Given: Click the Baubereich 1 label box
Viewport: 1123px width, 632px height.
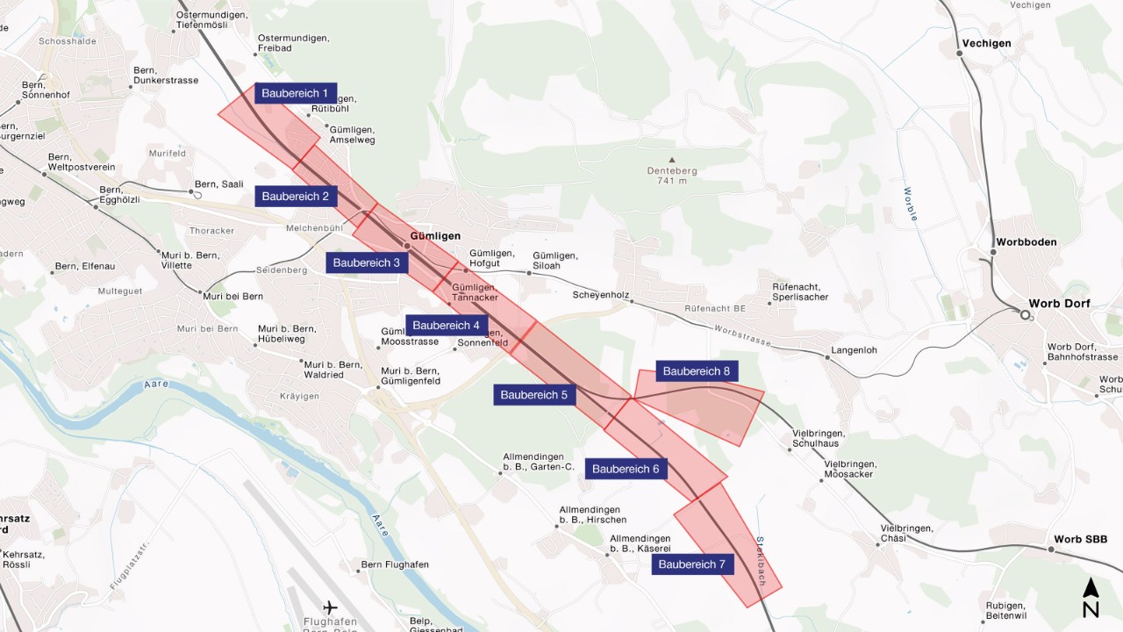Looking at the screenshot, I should [x=295, y=93].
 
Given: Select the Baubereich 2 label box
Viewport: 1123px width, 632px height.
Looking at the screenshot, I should [x=295, y=196].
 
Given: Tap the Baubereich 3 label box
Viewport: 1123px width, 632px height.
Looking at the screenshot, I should [x=366, y=262].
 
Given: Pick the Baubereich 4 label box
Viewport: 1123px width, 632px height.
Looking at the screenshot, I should [x=446, y=325].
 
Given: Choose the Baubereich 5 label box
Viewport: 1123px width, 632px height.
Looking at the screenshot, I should [x=533, y=395].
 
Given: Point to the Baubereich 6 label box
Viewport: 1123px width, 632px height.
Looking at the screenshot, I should [x=626, y=469].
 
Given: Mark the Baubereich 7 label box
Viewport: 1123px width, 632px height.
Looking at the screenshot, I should [x=692, y=564].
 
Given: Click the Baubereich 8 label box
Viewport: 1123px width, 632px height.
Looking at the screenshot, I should [x=697, y=371].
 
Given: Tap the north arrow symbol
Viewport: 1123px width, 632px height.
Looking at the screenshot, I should [x=1091, y=598].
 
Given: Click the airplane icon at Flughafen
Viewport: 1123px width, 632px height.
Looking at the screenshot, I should [x=330, y=607].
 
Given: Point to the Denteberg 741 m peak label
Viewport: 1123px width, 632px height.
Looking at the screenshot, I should [x=671, y=176].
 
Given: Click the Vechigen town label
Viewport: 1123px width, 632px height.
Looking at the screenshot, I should [x=986, y=43].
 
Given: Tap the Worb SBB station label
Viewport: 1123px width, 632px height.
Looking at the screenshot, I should [x=1081, y=539].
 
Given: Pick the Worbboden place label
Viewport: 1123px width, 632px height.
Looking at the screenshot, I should [x=1026, y=242].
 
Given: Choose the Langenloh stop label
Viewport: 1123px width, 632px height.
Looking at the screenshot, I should [x=852, y=350].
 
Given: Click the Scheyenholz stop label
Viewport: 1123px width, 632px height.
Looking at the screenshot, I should [x=600, y=295].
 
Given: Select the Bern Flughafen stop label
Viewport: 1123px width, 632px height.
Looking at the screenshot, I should [x=395, y=564].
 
